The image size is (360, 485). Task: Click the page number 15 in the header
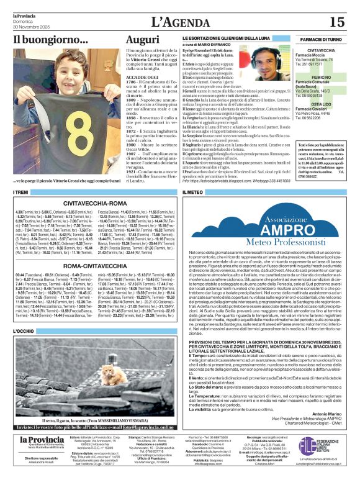pyautogui.click(x=336, y=22)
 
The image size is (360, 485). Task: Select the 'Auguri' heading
pyautogui.click(x=142, y=40)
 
